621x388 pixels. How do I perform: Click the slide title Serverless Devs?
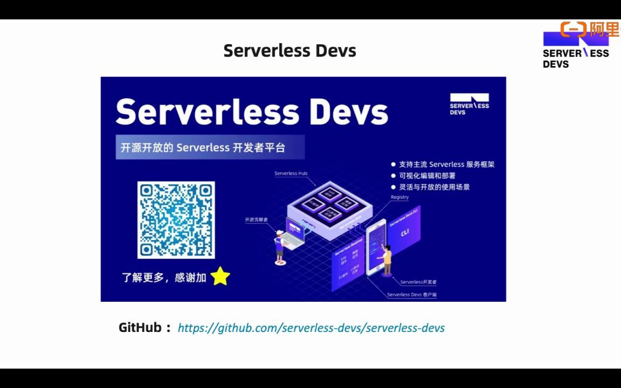289,51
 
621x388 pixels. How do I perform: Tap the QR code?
176,220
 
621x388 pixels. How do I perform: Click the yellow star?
220,276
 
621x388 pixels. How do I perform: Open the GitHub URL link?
311,328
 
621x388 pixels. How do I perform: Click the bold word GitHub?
140,328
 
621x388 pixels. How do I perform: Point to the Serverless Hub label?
291,174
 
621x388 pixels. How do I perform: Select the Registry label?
399,197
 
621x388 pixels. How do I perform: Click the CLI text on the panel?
405,232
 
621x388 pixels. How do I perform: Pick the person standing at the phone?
387,260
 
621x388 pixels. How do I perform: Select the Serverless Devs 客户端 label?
411,295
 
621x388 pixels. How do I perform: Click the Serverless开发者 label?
418,282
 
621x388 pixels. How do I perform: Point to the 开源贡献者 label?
256,220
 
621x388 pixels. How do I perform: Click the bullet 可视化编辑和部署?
427,176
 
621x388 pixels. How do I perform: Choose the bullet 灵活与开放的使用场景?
434,187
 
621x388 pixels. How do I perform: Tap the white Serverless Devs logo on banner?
469,103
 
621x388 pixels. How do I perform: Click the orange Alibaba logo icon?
573,29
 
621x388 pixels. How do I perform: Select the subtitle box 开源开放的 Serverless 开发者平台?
210,147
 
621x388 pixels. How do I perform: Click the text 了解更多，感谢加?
164,278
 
